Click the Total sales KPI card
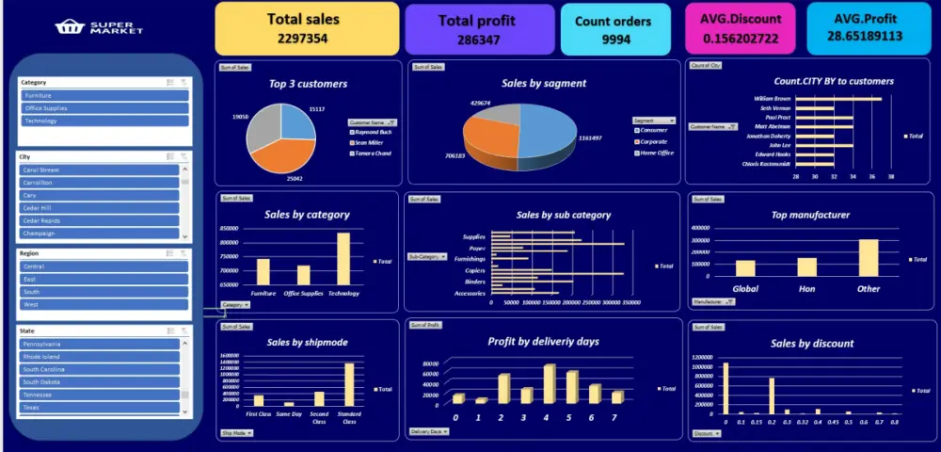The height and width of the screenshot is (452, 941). (x=307, y=28)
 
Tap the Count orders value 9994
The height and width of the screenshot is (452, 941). (x=616, y=40)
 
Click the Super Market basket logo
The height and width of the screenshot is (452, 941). (x=68, y=27)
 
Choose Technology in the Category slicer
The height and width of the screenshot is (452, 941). (x=104, y=121)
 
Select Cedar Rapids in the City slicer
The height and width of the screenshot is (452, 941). (x=100, y=220)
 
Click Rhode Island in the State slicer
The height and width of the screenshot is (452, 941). (x=100, y=357)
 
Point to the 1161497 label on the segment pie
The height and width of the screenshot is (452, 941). (x=590, y=137)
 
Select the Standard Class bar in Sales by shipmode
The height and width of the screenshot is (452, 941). (x=349, y=384)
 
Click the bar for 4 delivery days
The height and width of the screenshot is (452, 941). (x=550, y=383)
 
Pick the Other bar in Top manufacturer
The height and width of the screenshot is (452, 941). (x=868, y=257)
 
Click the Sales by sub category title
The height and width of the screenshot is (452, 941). (x=564, y=215)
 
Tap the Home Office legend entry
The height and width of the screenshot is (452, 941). (x=656, y=153)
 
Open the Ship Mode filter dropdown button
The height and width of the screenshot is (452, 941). (x=237, y=433)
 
